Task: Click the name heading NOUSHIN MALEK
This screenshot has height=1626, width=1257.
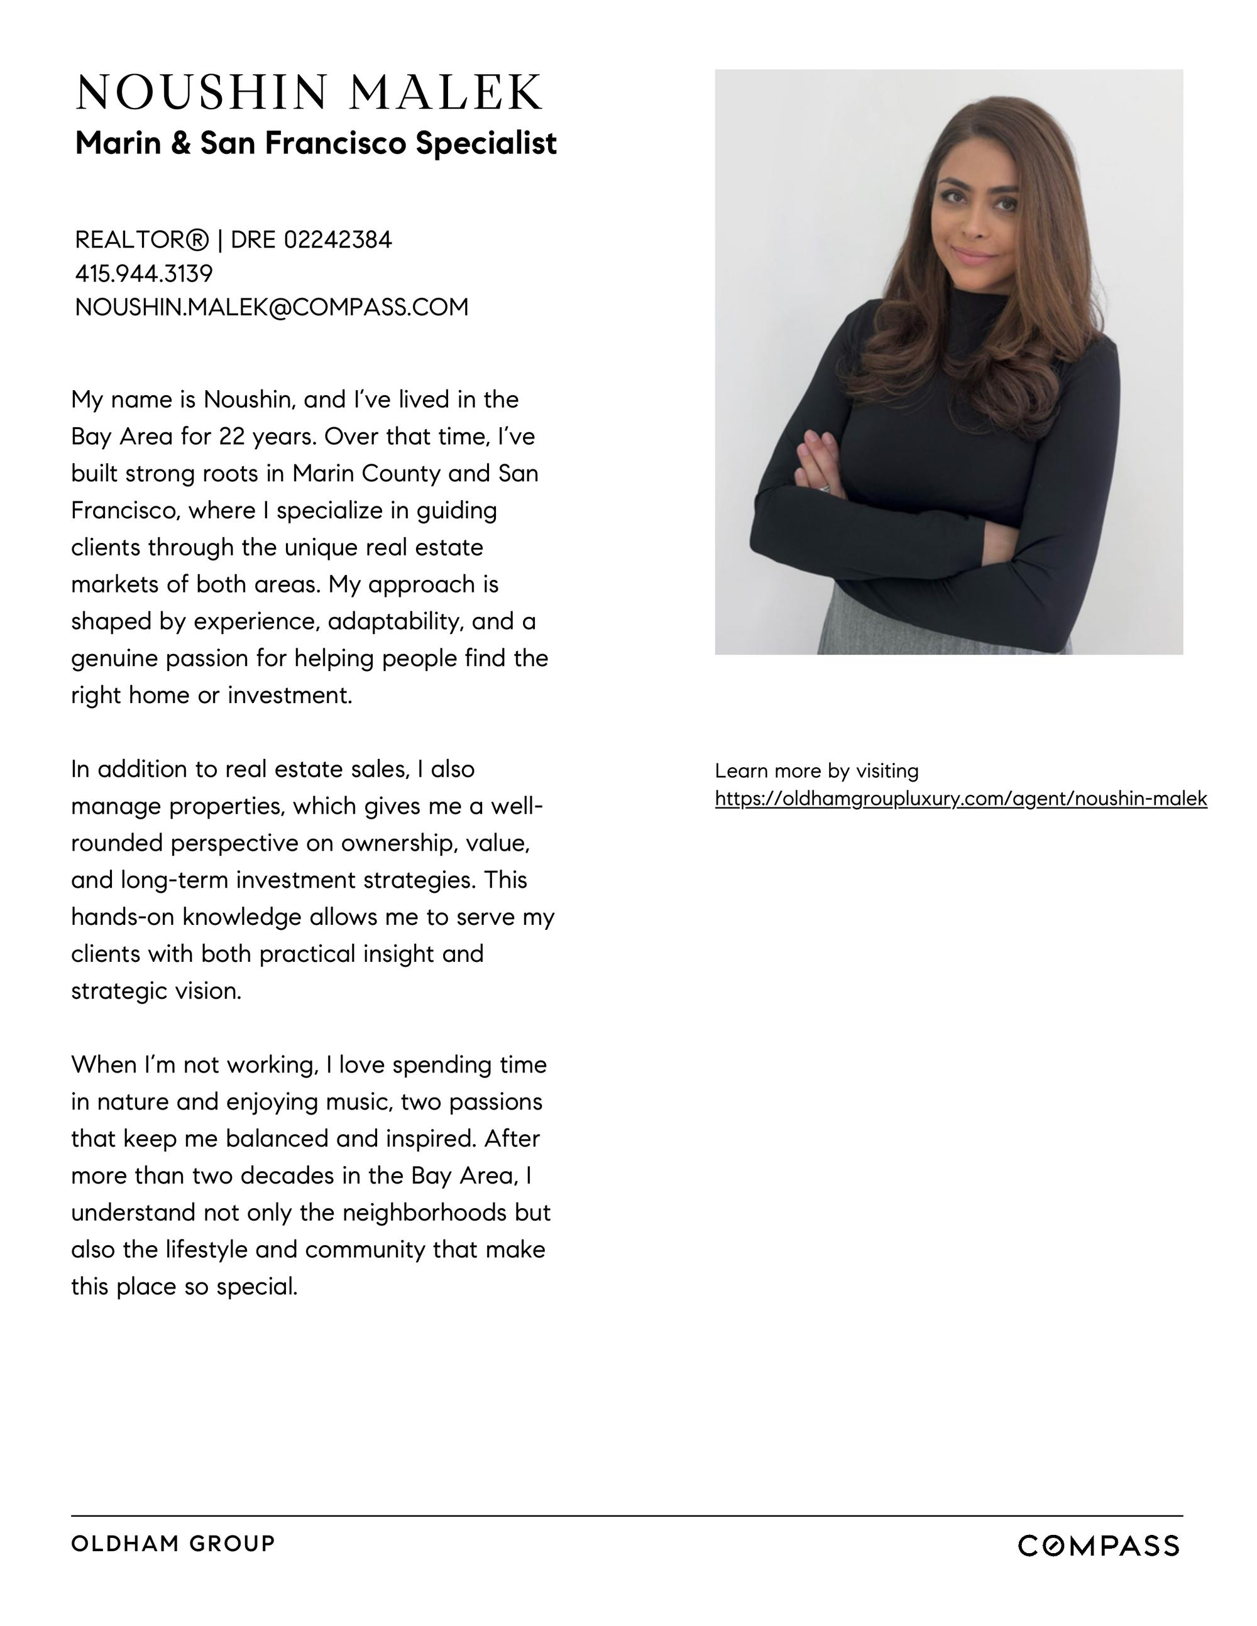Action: click(x=309, y=92)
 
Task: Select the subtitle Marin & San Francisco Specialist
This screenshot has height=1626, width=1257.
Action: click(x=316, y=143)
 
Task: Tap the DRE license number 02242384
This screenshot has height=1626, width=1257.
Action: click(x=338, y=240)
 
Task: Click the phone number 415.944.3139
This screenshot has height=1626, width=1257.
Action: click(x=144, y=274)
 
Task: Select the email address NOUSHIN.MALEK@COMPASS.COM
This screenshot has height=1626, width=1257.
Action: click(x=272, y=307)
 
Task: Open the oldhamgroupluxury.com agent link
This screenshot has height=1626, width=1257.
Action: click(x=960, y=799)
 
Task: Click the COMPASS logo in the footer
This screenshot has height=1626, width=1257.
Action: click(x=1099, y=1546)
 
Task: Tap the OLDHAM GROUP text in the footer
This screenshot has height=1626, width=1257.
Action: click(x=173, y=1543)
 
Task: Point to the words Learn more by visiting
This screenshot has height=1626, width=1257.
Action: click(x=816, y=770)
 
